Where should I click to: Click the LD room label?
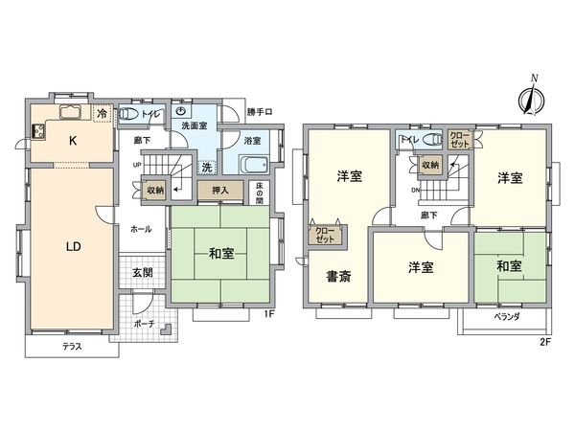point(73,246)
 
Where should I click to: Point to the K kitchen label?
point(72,140)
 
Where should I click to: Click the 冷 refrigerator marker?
point(103,114)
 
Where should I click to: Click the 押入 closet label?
point(220,191)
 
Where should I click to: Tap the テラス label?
point(72,346)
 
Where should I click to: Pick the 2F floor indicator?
point(544,340)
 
